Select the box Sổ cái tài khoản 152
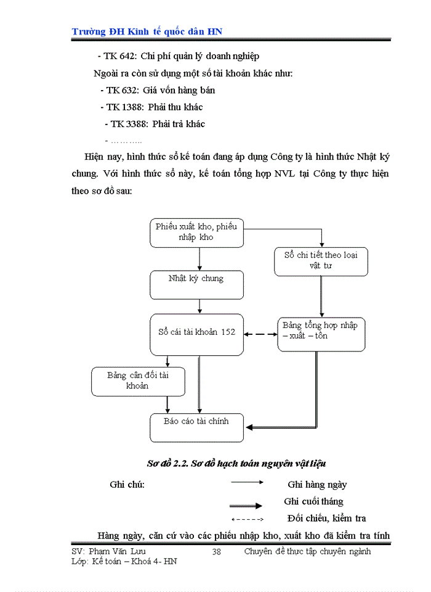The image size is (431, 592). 197,334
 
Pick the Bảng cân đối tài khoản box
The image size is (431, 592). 138,381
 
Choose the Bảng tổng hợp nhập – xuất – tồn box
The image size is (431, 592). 321,333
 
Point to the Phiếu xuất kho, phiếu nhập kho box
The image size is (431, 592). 197,232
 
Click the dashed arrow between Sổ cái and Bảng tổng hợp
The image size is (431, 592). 260,335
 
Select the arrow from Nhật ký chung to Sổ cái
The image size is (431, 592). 199,306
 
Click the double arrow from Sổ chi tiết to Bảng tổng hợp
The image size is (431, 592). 321,296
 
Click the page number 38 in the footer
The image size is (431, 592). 216,552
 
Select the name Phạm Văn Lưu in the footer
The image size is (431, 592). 118,551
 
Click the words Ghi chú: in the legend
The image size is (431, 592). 127,484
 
